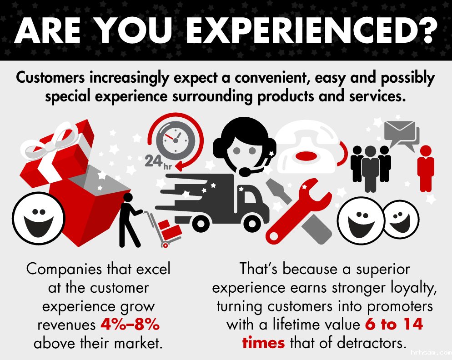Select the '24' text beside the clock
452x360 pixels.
[x=154, y=161]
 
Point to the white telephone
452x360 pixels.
[x=307, y=147]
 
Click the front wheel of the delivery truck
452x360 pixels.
[x=252, y=223]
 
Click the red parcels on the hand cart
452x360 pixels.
[x=170, y=229]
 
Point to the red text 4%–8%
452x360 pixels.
[x=130, y=325]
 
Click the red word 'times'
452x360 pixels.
[x=263, y=343]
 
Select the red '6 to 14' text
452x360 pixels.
[x=394, y=324]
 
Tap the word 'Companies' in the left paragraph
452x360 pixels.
[x=64, y=270]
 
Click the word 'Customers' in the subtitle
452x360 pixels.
[x=50, y=78]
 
